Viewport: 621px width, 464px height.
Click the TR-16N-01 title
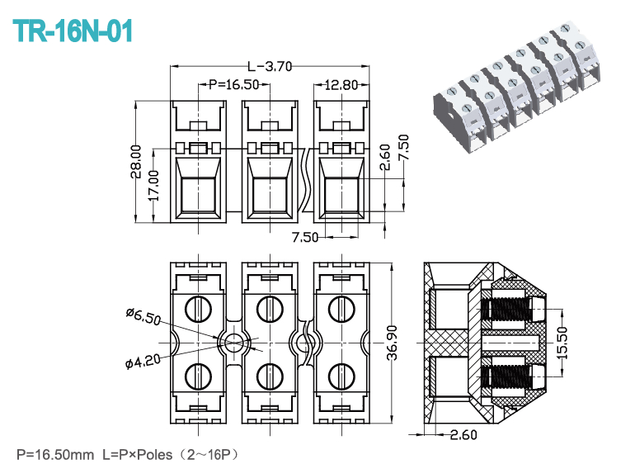pos(73,31)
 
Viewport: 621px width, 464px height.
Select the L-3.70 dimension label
pos(270,66)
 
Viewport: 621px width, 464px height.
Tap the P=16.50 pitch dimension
pos(234,84)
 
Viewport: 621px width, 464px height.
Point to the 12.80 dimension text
pos(341,85)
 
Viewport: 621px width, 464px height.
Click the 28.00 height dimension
pos(136,161)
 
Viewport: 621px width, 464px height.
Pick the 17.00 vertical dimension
pos(153,185)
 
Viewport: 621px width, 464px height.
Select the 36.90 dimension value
pos(392,343)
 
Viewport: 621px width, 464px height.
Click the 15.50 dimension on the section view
pos(562,343)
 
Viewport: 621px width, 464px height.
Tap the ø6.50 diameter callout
pos(143,316)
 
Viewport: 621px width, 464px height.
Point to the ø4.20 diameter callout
pos(143,361)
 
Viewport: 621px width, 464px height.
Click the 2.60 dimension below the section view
pos(463,434)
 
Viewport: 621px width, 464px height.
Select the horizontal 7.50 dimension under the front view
pos(305,237)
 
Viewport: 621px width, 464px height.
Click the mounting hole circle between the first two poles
pos(234,343)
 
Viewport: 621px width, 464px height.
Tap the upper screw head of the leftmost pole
pos(198,309)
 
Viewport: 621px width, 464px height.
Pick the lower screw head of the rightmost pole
pos(341,376)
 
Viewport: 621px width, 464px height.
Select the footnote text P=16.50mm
pos(55,454)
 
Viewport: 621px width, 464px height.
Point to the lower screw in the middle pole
pos(270,376)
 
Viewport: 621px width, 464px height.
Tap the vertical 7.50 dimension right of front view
pos(403,148)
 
